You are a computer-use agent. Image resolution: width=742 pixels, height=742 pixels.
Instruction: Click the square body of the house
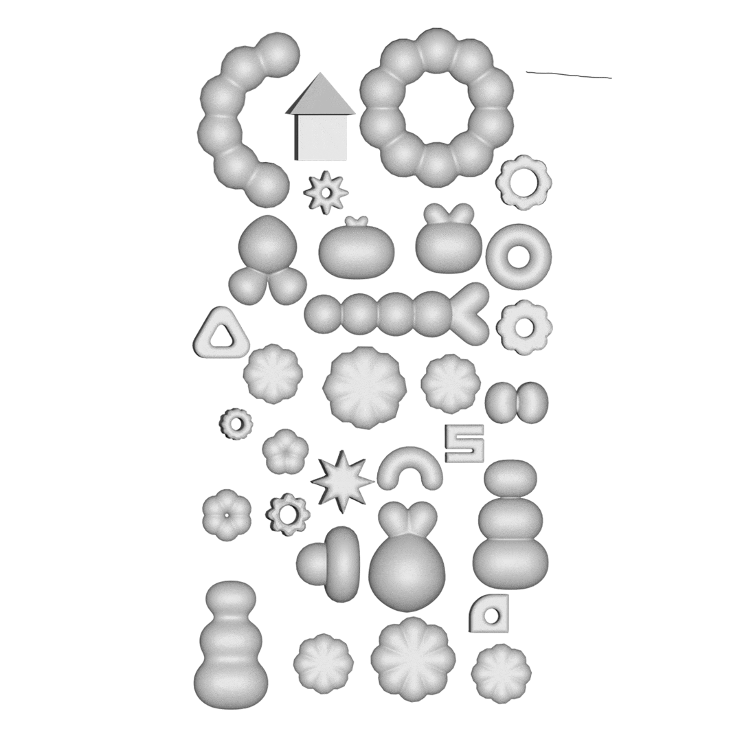[x=320, y=137]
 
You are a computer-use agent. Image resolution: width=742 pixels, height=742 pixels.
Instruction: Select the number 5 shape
[x=464, y=443]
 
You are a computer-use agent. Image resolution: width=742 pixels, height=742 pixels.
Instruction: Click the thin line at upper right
[x=569, y=75]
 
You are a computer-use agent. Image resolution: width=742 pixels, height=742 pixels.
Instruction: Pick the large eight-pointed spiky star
[x=341, y=482]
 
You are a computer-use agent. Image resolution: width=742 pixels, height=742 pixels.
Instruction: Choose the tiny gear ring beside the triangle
[x=236, y=424]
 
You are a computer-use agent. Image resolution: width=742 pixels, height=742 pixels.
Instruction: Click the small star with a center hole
[x=326, y=192]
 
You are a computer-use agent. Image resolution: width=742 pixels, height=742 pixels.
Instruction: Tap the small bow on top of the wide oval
[x=356, y=221]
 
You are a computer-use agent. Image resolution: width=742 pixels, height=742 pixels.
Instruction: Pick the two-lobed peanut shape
[x=517, y=403]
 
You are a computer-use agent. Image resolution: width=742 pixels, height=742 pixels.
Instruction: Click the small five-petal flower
[x=282, y=451]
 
